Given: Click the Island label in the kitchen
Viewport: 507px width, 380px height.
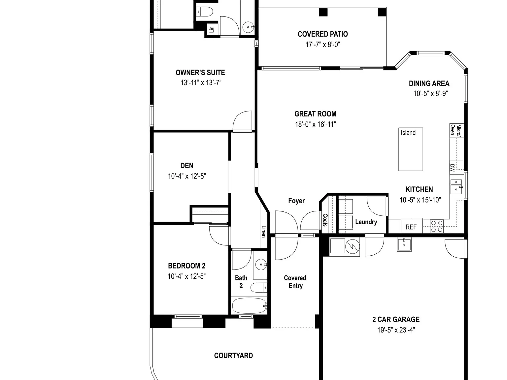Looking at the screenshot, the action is tap(408, 133).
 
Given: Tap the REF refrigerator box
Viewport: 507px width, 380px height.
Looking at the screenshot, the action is tap(411, 226).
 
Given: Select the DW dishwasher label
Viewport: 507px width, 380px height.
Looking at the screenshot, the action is tap(453, 168).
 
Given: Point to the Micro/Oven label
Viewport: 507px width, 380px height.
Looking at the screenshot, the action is tap(456, 130).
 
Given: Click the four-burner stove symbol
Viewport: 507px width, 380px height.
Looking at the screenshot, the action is tap(437, 226).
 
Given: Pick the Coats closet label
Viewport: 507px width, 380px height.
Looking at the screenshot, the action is tap(325, 220).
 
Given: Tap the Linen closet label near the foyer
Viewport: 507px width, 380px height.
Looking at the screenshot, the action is tap(263, 232).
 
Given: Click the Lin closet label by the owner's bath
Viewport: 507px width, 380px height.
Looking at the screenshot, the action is tap(212, 29).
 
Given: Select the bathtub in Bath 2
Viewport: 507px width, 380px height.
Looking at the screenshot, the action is tap(250, 306).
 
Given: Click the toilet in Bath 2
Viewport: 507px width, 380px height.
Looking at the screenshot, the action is tap(259, 288).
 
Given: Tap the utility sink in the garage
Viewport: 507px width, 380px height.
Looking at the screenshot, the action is tap(404, 245).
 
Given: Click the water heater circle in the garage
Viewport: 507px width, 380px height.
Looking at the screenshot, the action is tap(353, 247).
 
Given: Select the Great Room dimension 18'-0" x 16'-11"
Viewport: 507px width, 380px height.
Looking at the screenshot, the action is tap(315, 124).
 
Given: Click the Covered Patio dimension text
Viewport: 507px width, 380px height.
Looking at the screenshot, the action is tap(323, 45).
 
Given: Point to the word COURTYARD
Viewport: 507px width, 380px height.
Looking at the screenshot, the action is tap(233, 356).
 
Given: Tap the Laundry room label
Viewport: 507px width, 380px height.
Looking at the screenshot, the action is tap(366, 222).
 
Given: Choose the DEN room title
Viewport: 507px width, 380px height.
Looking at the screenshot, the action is tap(187, 166).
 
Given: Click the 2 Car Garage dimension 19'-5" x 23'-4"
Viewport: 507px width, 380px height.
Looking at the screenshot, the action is tap(396, 330).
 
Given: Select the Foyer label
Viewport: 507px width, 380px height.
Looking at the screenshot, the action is tap(296, 201).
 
